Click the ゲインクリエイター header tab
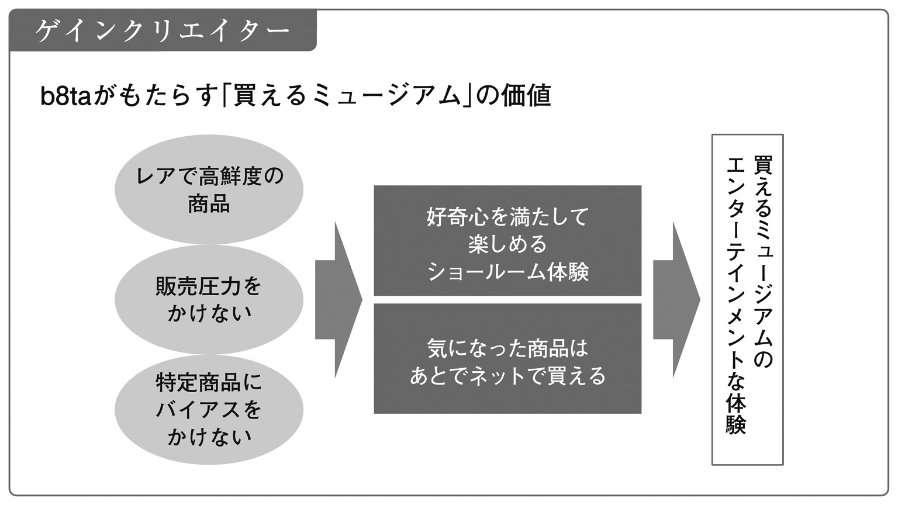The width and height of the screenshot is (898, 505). click(163, 30)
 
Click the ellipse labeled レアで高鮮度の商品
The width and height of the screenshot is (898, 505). click(209, 189)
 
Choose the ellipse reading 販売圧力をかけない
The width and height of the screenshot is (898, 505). click(209, 299)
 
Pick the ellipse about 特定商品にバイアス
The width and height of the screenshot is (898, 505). click(209, 410)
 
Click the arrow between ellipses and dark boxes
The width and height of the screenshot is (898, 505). click(339, 299)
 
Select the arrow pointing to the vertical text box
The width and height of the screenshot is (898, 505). click(676, 299)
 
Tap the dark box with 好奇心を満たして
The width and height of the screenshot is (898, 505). click(507, 240)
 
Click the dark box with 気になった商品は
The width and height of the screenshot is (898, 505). click(507, 358)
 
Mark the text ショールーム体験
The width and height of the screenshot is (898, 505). click(507, 272)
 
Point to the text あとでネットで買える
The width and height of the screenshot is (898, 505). click(507, 376)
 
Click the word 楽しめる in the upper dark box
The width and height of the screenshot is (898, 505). click(507, 244)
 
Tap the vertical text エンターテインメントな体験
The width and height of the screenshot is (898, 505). click(735, 295)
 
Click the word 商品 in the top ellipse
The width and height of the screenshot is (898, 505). click(209, 203)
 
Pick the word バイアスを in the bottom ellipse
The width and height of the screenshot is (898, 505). click(209, 410)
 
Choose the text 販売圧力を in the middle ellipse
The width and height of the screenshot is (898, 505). click(209, 286)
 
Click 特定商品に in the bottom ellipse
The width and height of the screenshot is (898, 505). click(209, 383)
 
